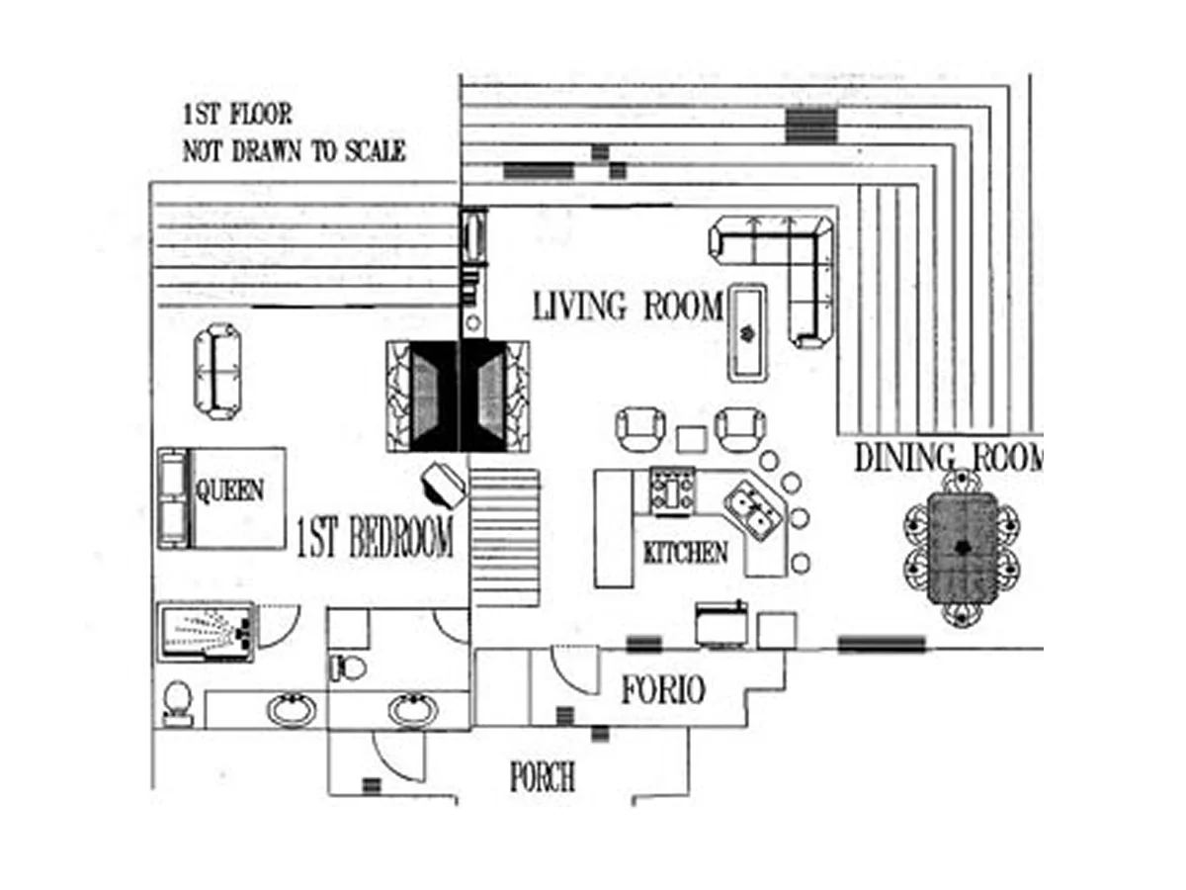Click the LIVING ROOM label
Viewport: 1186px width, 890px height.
[x=628, y=307]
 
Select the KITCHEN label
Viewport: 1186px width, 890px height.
[x=685, y=552]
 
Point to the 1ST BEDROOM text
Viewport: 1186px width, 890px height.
[x=375, y=538]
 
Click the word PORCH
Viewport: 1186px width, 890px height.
[x=542, y=777]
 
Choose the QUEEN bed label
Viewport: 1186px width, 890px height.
[x=229, y=490]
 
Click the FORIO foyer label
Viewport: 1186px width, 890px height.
[x=662, y=690]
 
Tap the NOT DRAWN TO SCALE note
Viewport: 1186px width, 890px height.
[x=294, y=151]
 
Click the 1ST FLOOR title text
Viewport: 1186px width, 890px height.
[x=236, y=115]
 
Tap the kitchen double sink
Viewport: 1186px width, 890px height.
[x=752, y=510]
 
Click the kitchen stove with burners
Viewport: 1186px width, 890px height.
[x=671, y=491]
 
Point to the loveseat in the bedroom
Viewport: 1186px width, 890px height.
[x=217, y=367]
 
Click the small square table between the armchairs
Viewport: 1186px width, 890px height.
[x=690, y=436]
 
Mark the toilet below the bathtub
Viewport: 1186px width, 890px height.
[x=177, y=703]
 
